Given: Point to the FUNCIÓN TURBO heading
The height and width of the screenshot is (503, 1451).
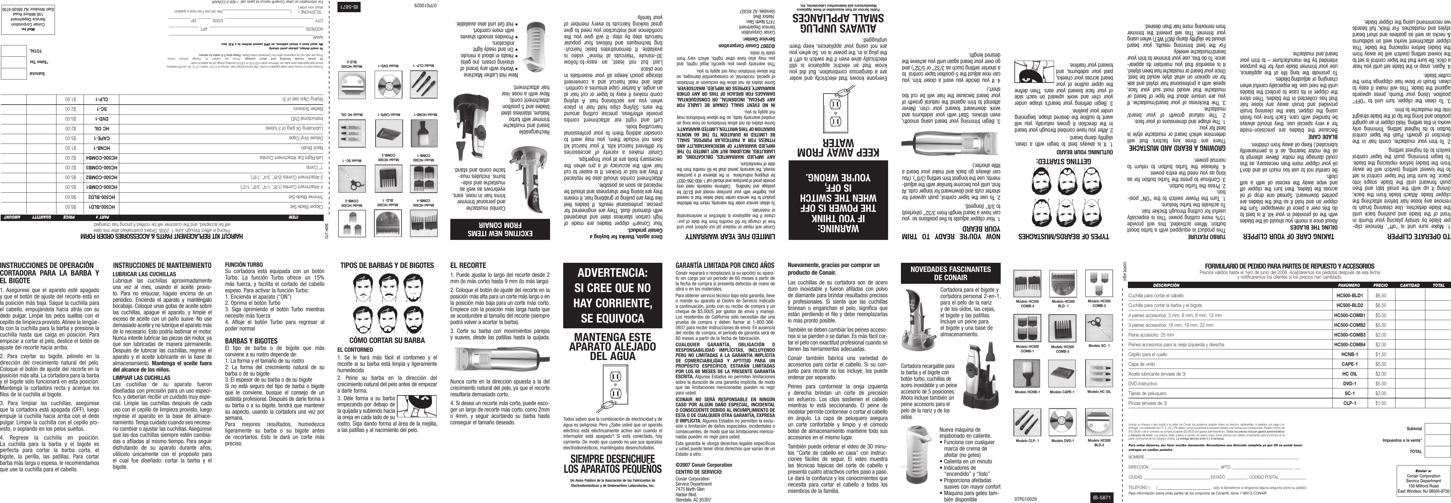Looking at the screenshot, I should tap(244, 264).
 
